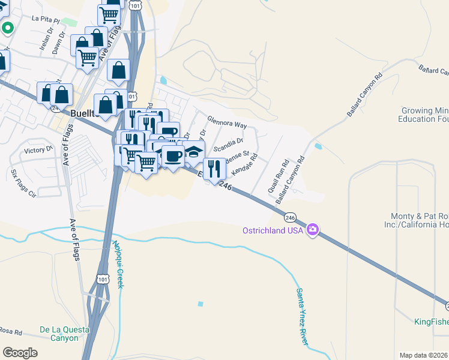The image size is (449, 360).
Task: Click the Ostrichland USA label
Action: (273, 230)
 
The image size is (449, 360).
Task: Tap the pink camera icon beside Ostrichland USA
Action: (312, 230)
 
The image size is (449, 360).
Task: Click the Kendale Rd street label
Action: (244, 163)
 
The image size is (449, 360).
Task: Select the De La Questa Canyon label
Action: (59, 334)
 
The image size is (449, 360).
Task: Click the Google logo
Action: (20, 353)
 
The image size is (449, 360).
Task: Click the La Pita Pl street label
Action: (46, 19)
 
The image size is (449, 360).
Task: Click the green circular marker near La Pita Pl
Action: (8, 28)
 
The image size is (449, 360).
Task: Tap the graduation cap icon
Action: (194, 151)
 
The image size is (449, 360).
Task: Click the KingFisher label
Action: (431, 322)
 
